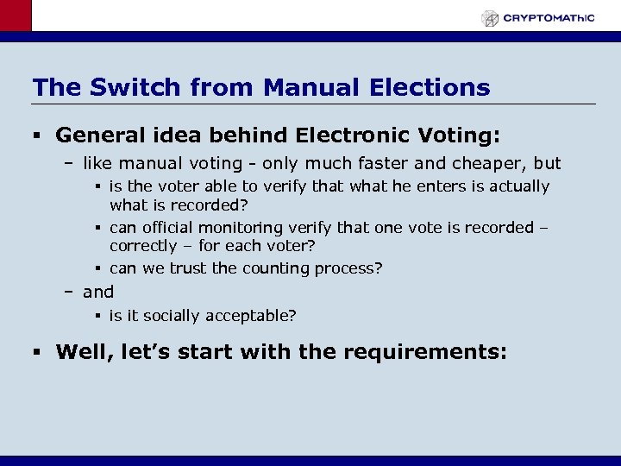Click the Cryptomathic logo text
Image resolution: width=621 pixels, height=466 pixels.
[549, 17]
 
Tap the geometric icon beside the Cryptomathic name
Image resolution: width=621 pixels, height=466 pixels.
[490, 18]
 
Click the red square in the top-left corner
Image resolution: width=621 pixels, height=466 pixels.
[15, 15]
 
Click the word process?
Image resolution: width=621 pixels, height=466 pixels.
[349, 268]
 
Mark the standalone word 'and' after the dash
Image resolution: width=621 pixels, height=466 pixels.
[98, 292]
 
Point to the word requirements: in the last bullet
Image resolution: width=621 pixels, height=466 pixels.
[426, 352]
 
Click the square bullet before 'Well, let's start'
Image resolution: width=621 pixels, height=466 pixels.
[37, 352]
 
